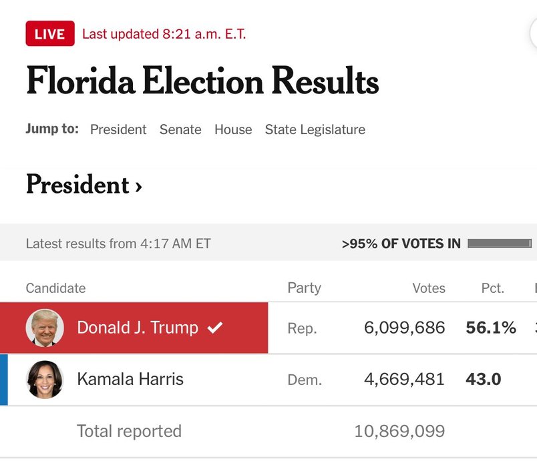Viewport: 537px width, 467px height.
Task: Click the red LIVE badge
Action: pos(50,34)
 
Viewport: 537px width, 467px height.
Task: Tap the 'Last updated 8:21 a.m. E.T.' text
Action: pos(164,34)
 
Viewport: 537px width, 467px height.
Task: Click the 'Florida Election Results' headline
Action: pos(202,82)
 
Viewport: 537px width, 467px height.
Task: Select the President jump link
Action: pos(118,129)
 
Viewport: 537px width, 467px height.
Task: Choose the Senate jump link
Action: pos(180,129)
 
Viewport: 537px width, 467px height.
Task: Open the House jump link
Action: pos(233,129)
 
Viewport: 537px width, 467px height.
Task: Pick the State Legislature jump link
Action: pos(315,129)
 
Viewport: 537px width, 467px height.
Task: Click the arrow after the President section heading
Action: pos(138,186)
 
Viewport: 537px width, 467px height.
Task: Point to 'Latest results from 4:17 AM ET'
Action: pos(118,244)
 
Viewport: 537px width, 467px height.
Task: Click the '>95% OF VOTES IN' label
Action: pos(401,244)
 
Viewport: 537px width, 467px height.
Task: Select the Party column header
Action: pos(304,288)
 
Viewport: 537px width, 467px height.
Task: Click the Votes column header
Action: pos(429,288)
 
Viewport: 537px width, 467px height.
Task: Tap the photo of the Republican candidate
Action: pos(45,328)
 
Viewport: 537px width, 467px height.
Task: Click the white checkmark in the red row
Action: pos(215,328)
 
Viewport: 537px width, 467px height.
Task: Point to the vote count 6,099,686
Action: pos(404,328)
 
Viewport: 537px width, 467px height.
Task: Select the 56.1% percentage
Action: pos(491,328)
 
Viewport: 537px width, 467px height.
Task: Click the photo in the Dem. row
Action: pos(45,380)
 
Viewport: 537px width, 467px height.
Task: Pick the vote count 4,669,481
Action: pos(404,380)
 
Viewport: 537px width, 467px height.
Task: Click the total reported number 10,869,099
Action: pos(399,431)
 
